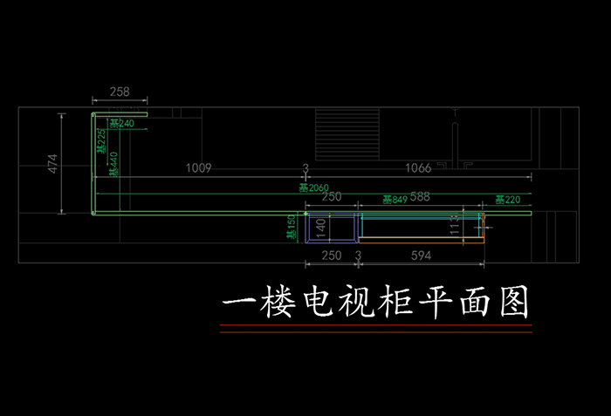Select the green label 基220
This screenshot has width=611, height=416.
507,201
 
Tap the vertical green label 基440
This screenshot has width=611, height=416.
113,164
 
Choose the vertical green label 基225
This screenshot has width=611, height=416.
101,141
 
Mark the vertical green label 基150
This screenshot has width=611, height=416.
292,229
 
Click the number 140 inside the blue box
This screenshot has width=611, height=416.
320,228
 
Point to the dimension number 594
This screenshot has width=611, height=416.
421,256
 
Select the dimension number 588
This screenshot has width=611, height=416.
421,197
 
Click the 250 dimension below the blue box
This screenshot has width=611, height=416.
331,256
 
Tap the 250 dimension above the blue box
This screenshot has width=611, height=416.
331,197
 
